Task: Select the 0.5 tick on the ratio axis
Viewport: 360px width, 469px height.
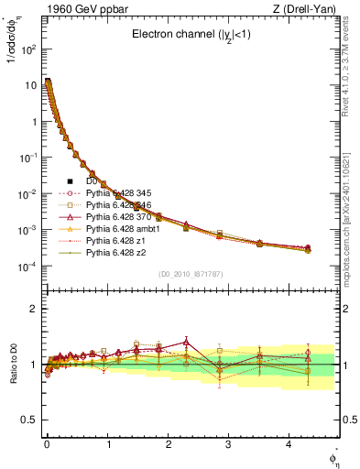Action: (x=30, y=420)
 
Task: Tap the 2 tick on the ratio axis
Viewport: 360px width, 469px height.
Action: (x=35, y=309)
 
